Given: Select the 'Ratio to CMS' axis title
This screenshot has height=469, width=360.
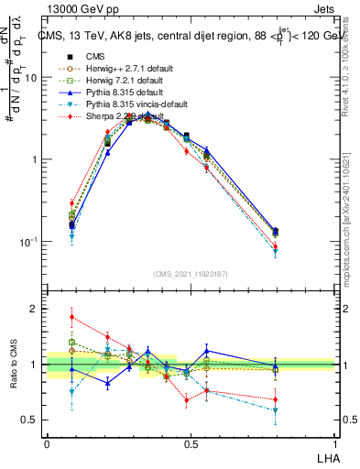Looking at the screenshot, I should point(13,365).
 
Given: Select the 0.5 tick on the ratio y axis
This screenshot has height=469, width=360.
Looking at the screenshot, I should point(33,420).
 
